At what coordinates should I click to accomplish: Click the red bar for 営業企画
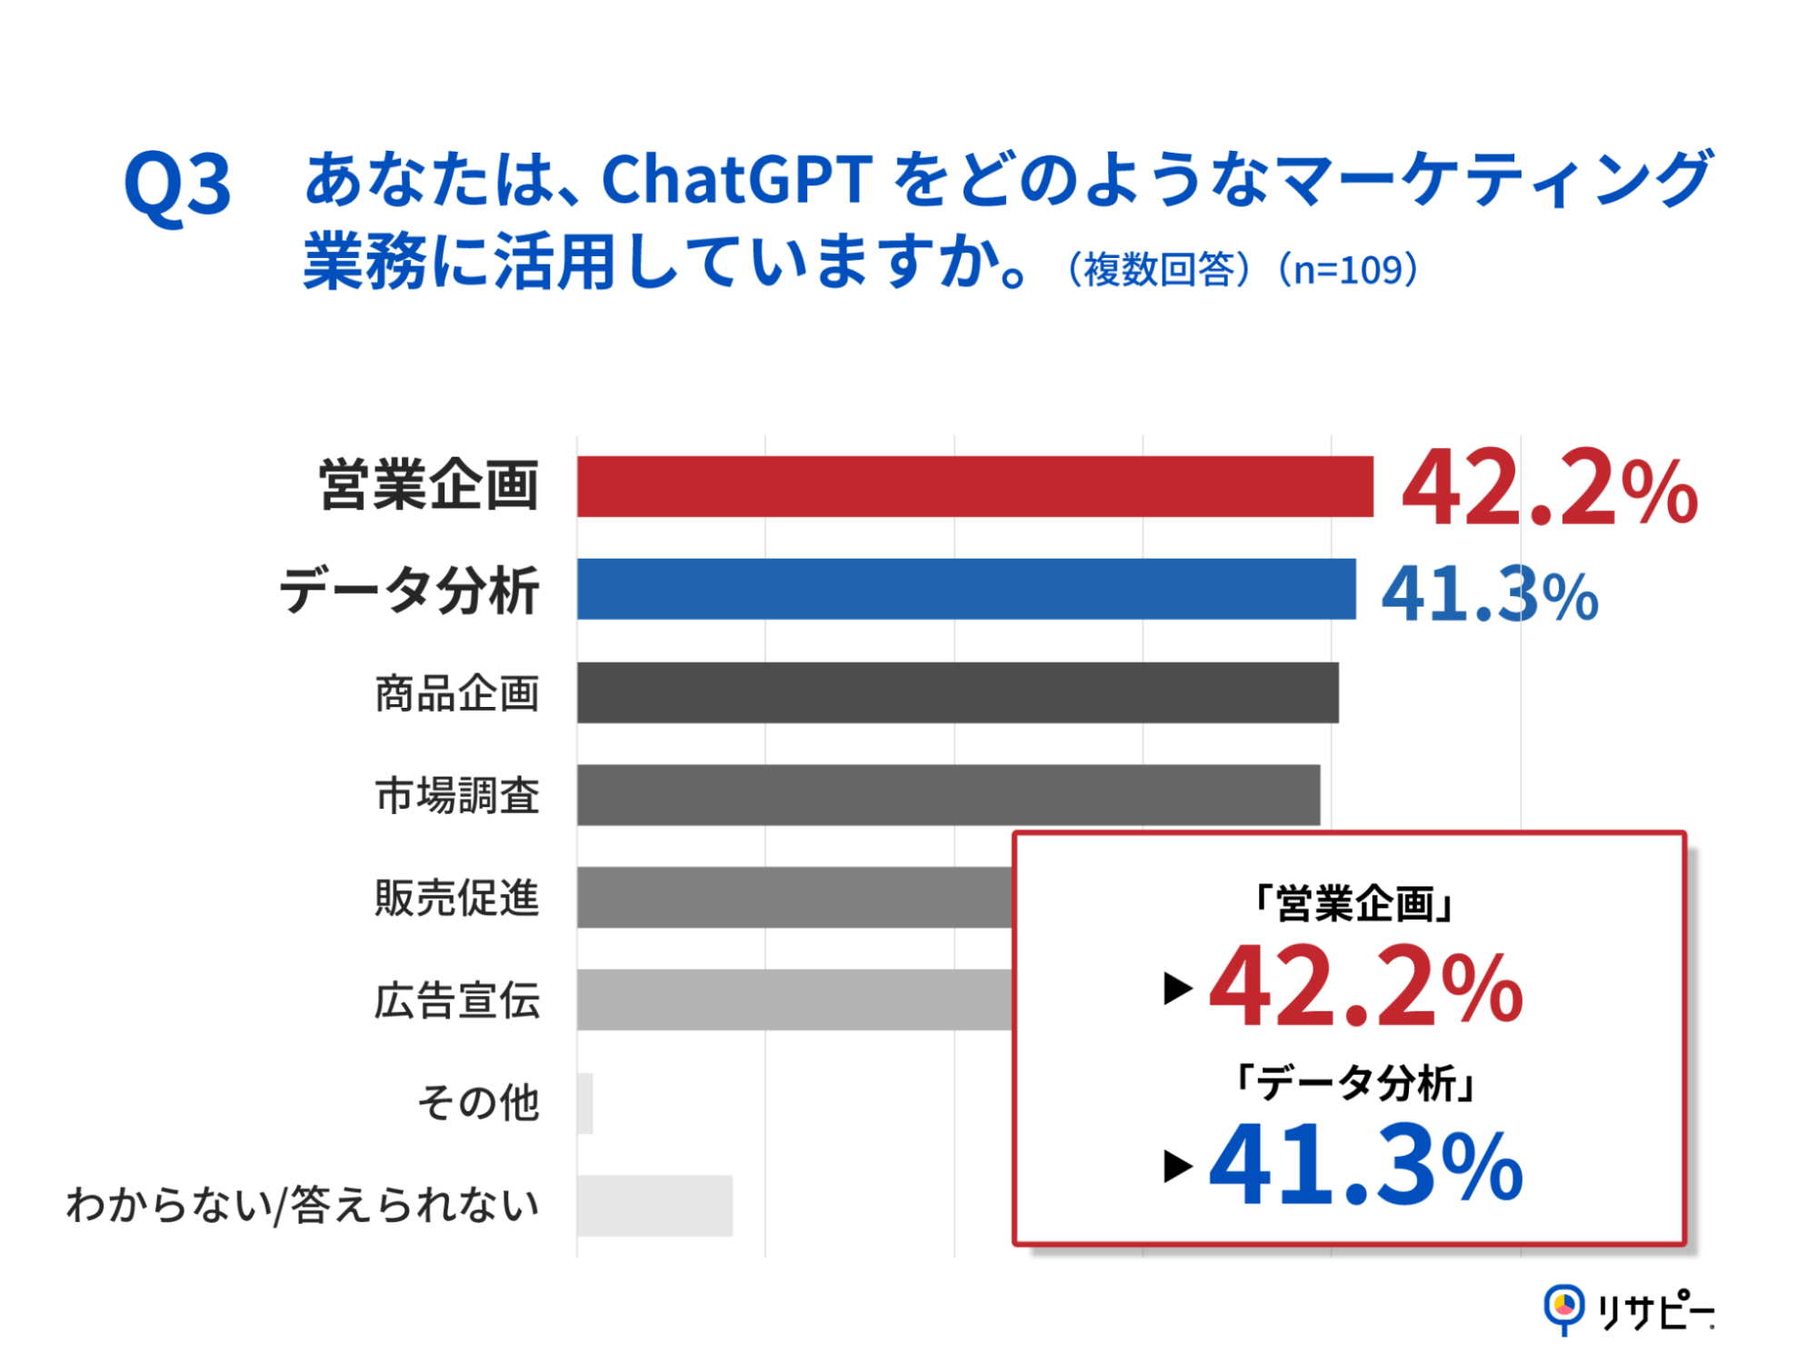974,487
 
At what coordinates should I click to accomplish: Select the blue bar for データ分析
965,589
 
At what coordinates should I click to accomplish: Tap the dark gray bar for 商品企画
957,692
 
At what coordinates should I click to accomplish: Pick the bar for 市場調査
948,795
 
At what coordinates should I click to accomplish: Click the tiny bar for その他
585,1103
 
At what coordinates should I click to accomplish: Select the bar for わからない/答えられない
654,1206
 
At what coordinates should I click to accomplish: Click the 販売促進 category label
457,898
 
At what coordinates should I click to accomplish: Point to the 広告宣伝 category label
457,1000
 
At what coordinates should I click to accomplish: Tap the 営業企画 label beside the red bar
429,485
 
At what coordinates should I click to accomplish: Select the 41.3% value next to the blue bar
1489,594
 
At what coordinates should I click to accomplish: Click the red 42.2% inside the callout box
1365,988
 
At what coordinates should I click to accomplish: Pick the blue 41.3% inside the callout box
1365,1166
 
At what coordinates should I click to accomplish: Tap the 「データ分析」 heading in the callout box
1353,1083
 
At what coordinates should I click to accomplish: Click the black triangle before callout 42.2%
1177,989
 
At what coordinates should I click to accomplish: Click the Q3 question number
177,184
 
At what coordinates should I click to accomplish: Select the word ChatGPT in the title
736,179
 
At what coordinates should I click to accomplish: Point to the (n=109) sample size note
1348,270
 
